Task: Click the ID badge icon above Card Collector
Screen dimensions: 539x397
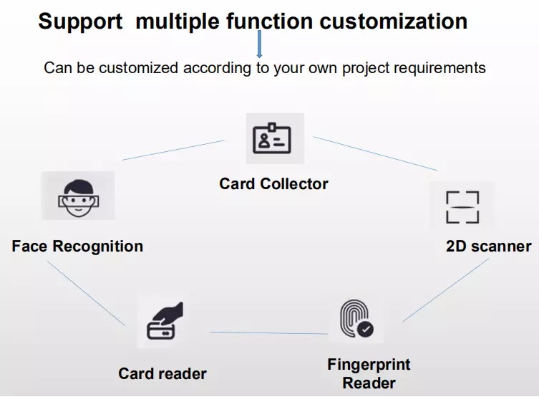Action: coord(272,138)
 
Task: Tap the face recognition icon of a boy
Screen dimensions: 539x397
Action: coord(79,198)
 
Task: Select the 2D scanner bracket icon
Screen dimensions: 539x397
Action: coord(462,207)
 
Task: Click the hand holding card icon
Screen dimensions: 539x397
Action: coord(165,320)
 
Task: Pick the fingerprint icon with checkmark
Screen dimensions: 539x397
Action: coord(356,319)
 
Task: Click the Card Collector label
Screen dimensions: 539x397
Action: coord(273,183)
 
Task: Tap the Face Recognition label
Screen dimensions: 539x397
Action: coord(77,247)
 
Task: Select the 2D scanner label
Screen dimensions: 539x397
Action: coord(488,247)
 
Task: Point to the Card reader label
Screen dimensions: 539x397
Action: coord(162,373)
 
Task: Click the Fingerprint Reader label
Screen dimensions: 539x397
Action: coord(369,373)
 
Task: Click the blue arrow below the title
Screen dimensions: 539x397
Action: coord(259,44)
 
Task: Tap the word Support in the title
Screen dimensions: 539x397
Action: coord(80,21)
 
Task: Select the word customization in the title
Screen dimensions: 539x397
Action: coord(393,21)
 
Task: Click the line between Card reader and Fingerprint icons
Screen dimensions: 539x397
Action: coord(269,333)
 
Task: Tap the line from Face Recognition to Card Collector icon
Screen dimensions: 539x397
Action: coord(173,150)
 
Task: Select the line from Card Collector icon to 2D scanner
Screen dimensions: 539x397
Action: coord(375,153)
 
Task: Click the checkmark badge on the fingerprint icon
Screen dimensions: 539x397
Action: coord(365,329)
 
